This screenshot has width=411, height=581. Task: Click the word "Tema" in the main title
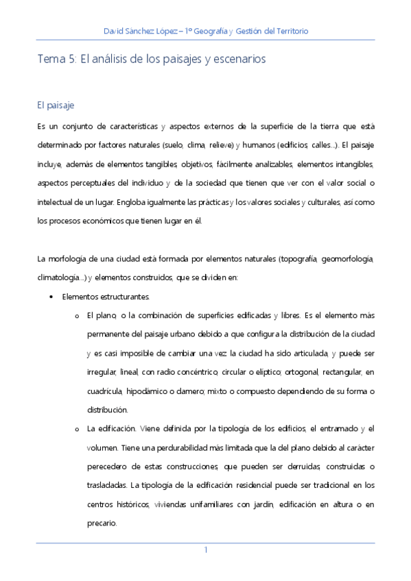click(51, 60)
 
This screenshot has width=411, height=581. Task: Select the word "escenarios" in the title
click(239, 60)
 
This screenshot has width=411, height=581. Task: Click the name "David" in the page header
click(115, 31)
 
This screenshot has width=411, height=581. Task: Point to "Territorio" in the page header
click(288, 31)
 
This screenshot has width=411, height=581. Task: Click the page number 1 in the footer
click(205, 550)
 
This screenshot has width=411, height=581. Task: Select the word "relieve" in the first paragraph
click(219, 145)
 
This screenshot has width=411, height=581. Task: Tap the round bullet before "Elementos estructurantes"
click(53, 297)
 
